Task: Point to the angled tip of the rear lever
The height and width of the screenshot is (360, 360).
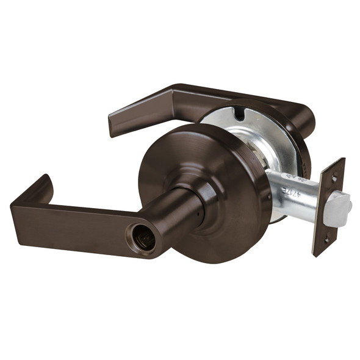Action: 115,125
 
